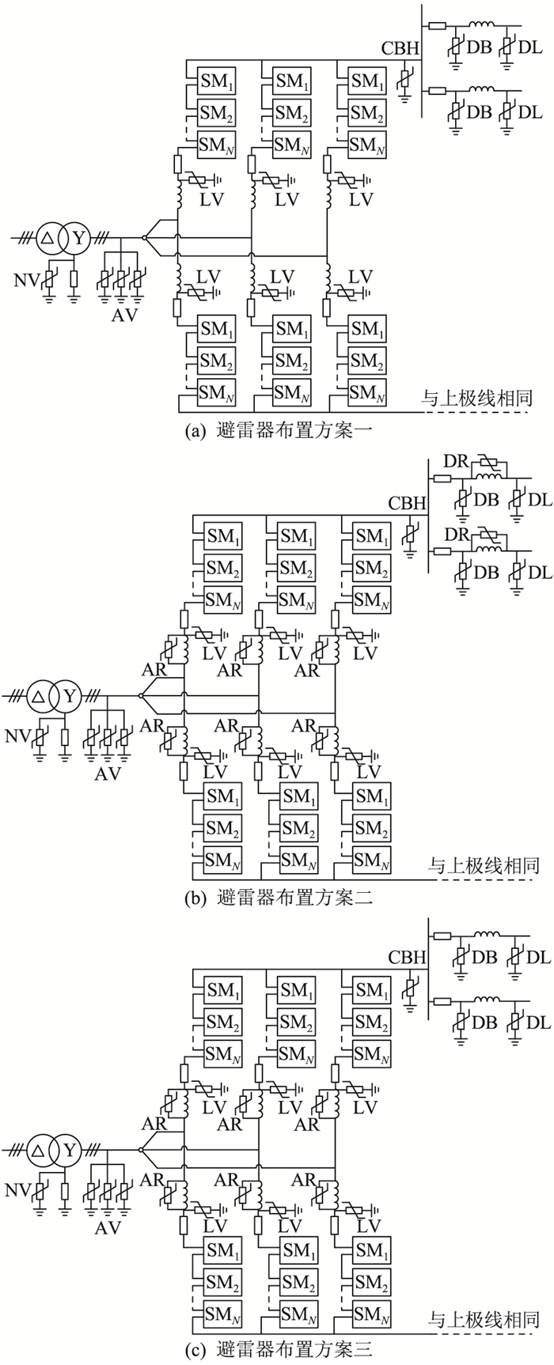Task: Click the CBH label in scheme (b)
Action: [x=407, y=504]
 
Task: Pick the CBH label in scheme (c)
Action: [x=407, y=957]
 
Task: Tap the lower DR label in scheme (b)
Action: [x=455, y=534]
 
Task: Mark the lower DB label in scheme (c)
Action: [x=484, y=1023]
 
